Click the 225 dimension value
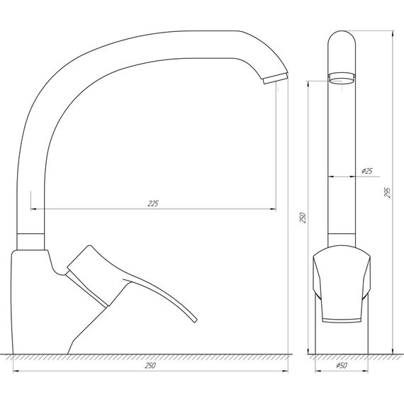(152, 204)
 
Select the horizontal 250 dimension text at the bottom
(150, 366)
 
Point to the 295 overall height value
(388, 192)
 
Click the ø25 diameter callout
(367, 171)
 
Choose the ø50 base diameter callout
(341, 366)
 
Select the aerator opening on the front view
(342, 79)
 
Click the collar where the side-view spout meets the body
(29, 241)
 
